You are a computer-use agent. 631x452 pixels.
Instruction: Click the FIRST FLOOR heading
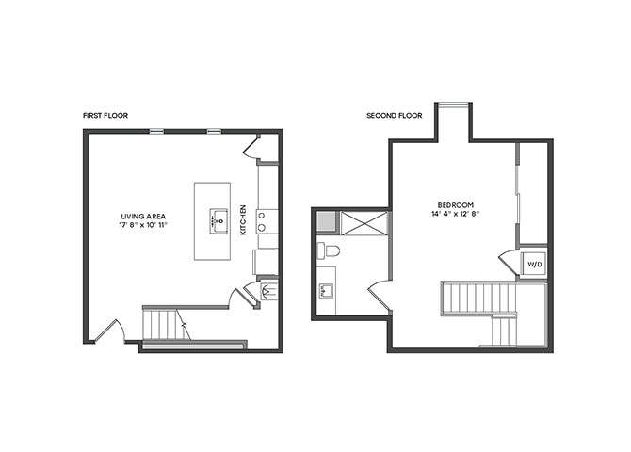[105, 116]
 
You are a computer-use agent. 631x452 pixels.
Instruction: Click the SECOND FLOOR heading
[395, 116]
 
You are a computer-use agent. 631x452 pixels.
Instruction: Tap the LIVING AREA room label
[143, 217]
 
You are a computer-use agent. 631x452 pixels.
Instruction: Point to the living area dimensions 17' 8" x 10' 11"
[143, 225]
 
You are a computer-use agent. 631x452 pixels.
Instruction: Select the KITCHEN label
[243, 219]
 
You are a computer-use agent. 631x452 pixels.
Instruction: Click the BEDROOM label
[456, 205]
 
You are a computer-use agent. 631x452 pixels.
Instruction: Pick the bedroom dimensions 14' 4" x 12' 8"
[456, 214]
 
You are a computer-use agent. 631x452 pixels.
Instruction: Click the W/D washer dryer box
[534, 265]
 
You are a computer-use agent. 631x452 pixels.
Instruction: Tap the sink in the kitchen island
[219, 220]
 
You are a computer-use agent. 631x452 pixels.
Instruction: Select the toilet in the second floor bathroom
[329, 250]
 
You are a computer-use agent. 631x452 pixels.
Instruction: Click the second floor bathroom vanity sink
[326, 290]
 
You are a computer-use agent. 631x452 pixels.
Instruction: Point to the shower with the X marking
[364, 223]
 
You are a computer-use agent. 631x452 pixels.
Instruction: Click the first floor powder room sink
[267, 291]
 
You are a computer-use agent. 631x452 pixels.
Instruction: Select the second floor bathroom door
[379, 296]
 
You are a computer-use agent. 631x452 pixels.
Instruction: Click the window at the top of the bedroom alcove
[453, 105]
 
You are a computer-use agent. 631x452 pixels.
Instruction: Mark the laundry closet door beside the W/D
[509, 263]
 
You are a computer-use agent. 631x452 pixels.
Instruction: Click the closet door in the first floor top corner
[251, 147]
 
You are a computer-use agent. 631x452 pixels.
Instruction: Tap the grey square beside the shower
[326, 222]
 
